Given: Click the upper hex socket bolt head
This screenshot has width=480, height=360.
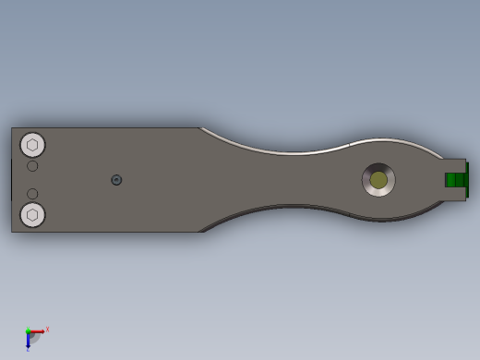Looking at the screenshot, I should point(32,145).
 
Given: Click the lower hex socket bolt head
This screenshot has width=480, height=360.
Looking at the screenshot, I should point(32,215).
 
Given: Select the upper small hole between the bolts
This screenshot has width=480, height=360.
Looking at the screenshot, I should point(32,166).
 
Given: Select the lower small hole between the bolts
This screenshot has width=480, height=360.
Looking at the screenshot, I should point(32,194).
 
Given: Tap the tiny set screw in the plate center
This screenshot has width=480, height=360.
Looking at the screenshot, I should point(116,180).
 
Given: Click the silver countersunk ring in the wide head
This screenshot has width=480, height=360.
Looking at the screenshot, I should point(367,180).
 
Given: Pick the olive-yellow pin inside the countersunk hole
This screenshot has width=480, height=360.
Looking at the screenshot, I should point(378,180).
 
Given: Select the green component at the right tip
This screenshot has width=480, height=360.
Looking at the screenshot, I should point(455,180).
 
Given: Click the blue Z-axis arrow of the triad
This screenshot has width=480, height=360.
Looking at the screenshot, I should point(28,341).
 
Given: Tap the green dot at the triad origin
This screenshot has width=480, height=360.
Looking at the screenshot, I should point(28,331).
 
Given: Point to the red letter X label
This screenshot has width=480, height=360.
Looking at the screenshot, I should point(47,329).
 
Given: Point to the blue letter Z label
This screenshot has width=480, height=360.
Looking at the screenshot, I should point(28,350).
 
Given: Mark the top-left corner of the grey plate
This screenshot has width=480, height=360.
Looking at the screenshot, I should point(12,128).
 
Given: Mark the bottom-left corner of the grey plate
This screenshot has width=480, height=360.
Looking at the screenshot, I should point(12,232).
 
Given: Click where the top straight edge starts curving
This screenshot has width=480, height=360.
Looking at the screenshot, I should point(200,128).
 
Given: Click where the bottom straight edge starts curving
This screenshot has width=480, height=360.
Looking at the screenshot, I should point(201,232).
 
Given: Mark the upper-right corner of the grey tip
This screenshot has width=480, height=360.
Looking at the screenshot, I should point(465,160).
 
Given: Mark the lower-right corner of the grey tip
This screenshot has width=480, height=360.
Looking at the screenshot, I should point(465,198).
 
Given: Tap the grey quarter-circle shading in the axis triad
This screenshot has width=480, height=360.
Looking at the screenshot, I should point(34,338).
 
